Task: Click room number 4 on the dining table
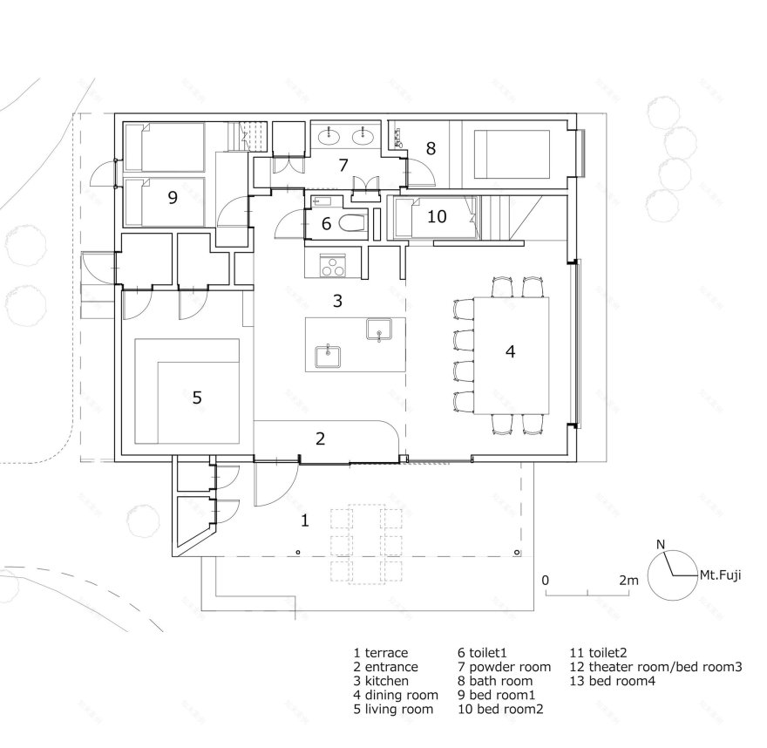pyautogui.click(x=510, y=352)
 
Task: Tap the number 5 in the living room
pyautogui.click(x=197, y=398)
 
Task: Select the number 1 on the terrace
pyautogui.click(x=304, y=520)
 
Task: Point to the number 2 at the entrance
pyautogui.click(x=321, y=439)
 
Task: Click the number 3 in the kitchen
pyautogui.click(x=336, y=302)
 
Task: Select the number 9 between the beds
pyautogui.click(x=173, y=198)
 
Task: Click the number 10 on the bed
pyautogui.click(x=437, y=216)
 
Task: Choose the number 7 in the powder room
pyautogui.click(x=343, y=165)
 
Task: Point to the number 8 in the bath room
pyautogui.click(x=430, y=148)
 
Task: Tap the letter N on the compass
pyautogui.click(x=661, y=546)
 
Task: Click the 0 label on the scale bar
pyautogui.click(x=546, y=580)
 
